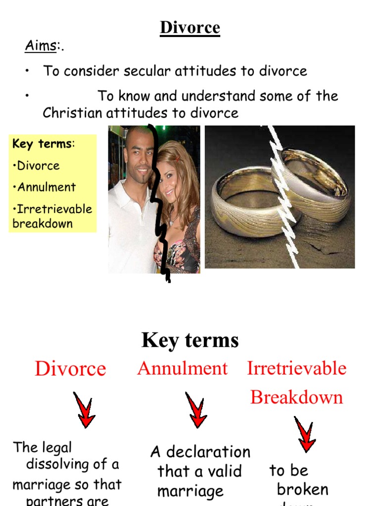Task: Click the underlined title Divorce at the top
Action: click(190, 28)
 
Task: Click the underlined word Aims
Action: click(40, 47)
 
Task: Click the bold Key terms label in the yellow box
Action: click(42, 144)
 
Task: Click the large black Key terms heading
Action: click(190, 340)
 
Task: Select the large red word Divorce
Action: click(70, 369)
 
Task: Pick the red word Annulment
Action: click(182, 368)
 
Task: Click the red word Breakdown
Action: click(296, 397)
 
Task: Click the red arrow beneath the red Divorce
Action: click(84, 410)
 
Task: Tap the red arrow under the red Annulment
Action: click(196, 410)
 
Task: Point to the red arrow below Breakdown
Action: click(304, 435)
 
